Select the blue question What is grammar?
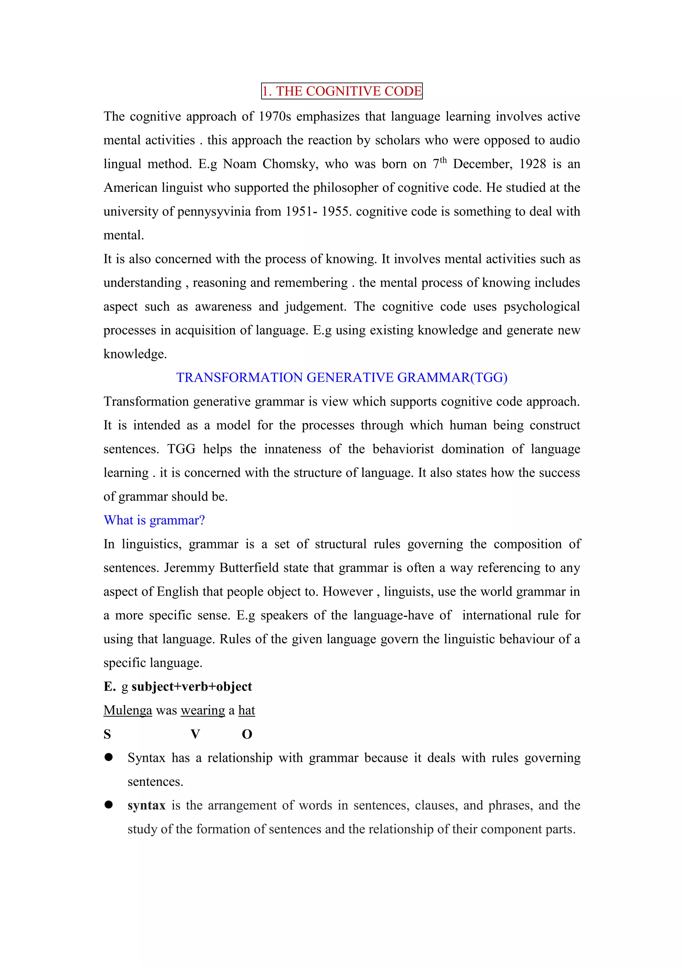coord(154,520)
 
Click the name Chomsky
coord(290,164)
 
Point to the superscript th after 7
coord(443,160)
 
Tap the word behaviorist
coord(403,449)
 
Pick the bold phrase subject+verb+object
coord(192,686)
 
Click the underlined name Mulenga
coord(128,710)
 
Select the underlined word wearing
coord(203,710)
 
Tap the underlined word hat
coord(246,710)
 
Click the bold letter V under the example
coord(195,734)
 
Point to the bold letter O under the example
coord(247,734)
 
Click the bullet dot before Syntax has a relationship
coord(109,757)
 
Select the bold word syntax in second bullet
coord(146,805)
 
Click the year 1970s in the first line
coord(275,116)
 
